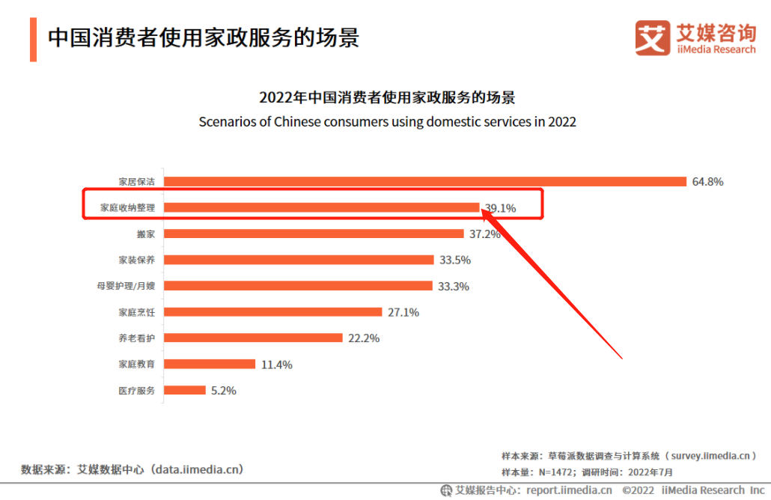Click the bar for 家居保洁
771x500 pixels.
(424, 181)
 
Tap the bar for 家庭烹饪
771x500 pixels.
(272, 312)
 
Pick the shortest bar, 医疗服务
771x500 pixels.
(185, 390)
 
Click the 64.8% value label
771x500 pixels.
(708, 182)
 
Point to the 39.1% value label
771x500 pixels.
(500, 209)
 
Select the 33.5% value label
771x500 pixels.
(455, 260)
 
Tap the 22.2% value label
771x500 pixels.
(364, 338)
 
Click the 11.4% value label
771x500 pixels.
(276, 365)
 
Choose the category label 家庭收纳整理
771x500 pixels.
(128, 207)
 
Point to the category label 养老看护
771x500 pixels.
(137, 338)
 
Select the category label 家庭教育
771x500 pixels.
(137, 365)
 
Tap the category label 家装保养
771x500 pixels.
(137, 260)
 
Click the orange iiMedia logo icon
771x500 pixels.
(653, 37)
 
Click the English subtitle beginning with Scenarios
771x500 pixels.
(387, 121)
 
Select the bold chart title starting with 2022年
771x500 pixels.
(387, 97)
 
